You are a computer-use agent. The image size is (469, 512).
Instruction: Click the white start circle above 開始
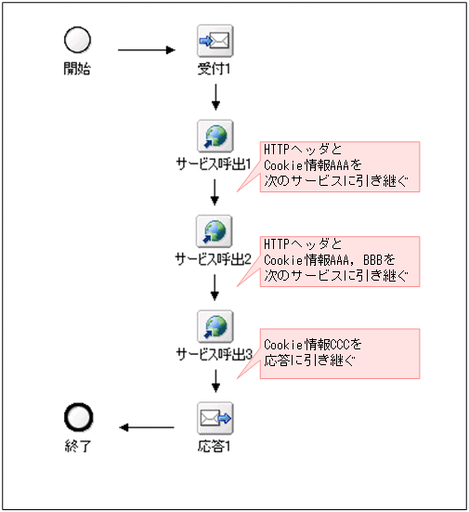tap(77, 40)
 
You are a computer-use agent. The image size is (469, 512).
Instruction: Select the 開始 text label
tap(77, 68)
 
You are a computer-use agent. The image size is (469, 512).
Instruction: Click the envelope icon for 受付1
tap(215, 41)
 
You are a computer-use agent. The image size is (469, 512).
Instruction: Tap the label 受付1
tap(215, 68)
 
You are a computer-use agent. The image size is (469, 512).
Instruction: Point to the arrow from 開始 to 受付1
tap(147, 49)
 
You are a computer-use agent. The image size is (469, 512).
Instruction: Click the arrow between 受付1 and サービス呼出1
tap(215, 97)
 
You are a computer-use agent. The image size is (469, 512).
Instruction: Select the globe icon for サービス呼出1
tap(215, 136)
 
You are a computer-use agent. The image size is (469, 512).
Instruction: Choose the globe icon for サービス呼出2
tap(215, 230)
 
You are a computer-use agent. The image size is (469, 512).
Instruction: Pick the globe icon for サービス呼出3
tap(215, 325)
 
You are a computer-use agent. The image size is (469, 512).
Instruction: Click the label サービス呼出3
tap(215, 353)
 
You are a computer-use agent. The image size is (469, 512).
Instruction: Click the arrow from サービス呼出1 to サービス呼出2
tap(215, 191)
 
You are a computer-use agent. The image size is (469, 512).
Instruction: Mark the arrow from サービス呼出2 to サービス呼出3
tap(215, 286)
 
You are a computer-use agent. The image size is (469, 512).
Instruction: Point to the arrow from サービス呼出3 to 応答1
tap(215, 381)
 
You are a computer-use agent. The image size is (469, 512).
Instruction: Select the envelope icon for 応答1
tap(215, 419)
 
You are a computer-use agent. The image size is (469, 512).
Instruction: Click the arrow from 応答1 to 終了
tap(147, 427)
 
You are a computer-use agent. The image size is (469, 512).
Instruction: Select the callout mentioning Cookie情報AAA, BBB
tap(339, 260)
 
